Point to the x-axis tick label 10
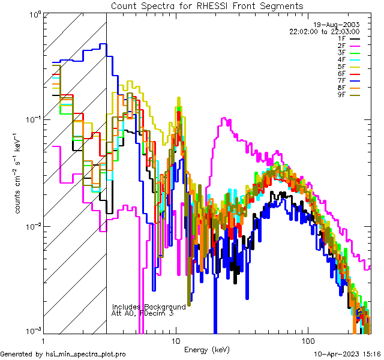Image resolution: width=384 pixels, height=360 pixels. click(176, 341)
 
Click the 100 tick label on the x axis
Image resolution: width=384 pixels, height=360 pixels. click(307, 341)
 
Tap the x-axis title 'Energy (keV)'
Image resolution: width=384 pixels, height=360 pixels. click(207, 349)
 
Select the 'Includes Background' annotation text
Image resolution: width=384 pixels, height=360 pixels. click(149, 306)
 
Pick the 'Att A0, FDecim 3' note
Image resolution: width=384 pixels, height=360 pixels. click(143, 313)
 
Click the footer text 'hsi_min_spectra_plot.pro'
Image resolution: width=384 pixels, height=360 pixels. click(86, 355)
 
